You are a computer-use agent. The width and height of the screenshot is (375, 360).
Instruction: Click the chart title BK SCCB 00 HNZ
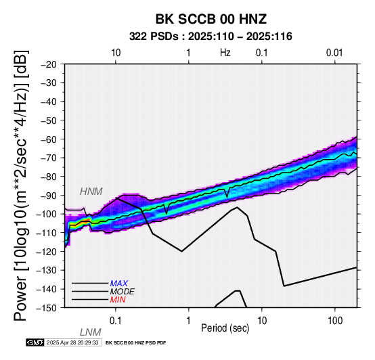pos(211,19)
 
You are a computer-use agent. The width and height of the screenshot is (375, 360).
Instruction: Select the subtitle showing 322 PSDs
pos(211,37)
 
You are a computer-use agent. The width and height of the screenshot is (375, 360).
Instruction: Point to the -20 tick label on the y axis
pos(49,64)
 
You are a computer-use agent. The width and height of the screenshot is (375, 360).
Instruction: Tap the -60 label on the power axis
pos(49,139)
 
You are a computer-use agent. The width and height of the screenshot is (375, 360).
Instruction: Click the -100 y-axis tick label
pos(46,214)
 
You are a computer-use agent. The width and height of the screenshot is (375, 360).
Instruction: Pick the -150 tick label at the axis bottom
pos(46,308)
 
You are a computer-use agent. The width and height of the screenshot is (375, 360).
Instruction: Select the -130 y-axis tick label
pos(46,270)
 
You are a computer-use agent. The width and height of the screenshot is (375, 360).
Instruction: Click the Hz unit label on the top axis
pos(225,53)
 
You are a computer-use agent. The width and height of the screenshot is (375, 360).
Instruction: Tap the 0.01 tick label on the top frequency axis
pos(334,53)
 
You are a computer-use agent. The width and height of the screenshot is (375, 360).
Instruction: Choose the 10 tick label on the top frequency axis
pos(116,53)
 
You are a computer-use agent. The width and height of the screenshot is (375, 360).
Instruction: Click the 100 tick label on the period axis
pos(335,321)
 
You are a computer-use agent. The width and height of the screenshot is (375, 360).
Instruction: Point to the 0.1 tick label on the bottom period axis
pos(116,321)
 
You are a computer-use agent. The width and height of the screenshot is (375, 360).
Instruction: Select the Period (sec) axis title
pos(225,328)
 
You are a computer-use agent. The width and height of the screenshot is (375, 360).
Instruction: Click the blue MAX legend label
pos(119,284)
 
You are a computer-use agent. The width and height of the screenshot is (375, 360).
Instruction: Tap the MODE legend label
pos(123,292)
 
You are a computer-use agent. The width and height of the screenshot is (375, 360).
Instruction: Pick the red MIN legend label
pos(118,300)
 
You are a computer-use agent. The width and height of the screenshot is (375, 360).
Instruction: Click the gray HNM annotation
pos(91,192)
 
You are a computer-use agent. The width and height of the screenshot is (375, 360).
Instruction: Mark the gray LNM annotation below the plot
pos(91,332)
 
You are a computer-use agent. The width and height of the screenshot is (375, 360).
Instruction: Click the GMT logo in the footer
pos(35,342)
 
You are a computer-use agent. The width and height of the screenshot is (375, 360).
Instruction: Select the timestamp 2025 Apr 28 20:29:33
pos(72,342)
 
